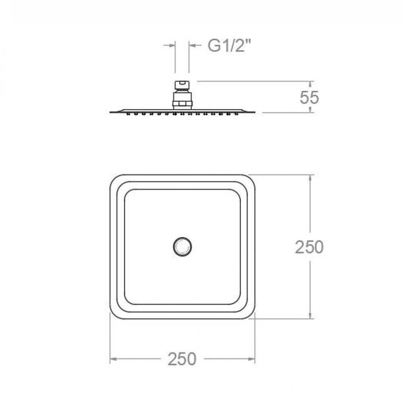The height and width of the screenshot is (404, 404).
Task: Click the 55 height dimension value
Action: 309,98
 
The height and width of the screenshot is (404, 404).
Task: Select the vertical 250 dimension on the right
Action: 309,247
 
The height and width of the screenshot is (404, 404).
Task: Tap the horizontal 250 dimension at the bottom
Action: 182,359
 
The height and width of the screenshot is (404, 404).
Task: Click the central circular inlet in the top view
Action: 182,247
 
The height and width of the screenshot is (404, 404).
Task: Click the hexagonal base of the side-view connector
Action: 182,104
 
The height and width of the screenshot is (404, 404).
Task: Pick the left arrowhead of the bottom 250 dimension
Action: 114,359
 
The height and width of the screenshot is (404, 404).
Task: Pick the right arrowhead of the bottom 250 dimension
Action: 251,359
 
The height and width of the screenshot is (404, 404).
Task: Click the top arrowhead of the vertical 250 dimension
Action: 310,178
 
